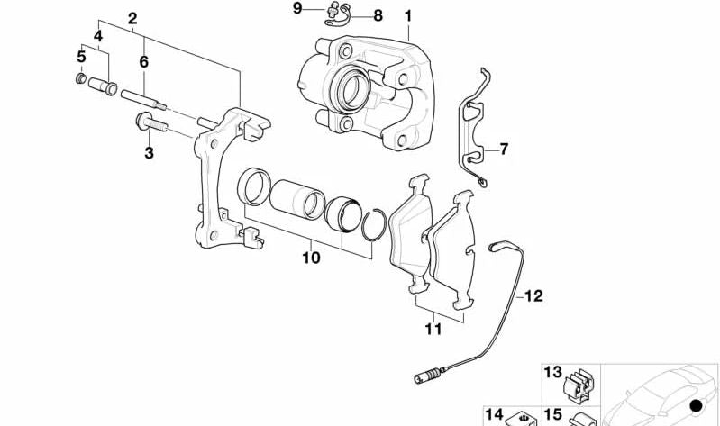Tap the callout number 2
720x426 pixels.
[132, 18]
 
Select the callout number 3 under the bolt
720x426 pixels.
[149, 154]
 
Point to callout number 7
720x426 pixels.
[504, 149]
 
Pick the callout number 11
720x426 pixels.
[433, 330]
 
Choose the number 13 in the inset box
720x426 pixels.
[552, 372]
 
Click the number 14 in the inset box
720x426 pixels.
[494, 414]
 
